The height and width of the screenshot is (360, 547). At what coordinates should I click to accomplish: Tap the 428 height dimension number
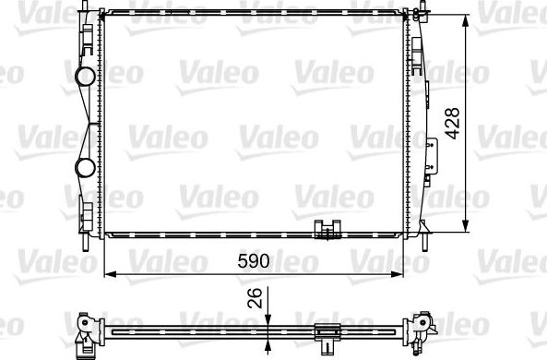coord(452,122)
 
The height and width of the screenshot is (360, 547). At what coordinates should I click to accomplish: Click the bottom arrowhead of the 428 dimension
coord(468,231)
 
